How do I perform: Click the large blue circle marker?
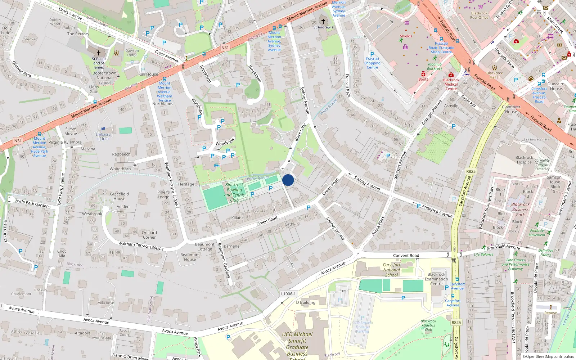pos(288,180)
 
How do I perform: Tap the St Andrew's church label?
pos(323,27)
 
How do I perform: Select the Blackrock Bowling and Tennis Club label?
pos(234,192)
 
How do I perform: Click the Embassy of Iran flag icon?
pos(103,129)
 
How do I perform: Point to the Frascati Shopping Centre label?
pos(372,63)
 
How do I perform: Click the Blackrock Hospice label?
pos(524,159)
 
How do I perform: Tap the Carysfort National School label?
pos(391,270)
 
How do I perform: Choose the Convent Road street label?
pos(406,256)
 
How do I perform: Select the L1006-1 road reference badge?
pos(288,294)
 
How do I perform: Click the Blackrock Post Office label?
pos(479,15)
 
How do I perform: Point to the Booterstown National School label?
pos(104,78)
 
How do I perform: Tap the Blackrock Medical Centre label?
pos(451,84)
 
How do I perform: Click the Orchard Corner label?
pos(149,235)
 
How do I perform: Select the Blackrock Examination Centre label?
pos(436,279)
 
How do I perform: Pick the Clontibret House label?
pos(511,109)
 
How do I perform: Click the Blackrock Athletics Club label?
pos(428,325)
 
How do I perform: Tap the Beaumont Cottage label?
pos(204,247)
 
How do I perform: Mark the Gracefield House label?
pos(119,196)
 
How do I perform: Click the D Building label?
pos(305,302)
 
